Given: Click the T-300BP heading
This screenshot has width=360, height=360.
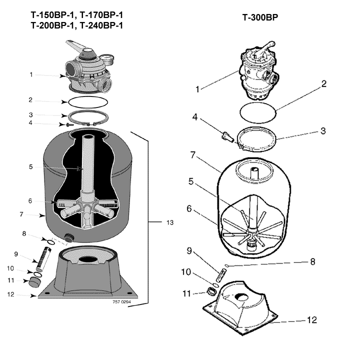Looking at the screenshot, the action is click(260, 17).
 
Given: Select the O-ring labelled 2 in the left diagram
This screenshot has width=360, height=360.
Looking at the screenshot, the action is click(88, 102).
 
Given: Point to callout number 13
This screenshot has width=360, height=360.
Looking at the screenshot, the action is click(170, 222).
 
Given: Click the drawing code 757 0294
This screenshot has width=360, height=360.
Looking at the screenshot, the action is click(121, 301).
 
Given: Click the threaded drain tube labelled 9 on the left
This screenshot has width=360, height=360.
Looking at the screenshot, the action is click(43, 259).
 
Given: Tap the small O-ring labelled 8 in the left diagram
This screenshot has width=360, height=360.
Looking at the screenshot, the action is click(51, 242).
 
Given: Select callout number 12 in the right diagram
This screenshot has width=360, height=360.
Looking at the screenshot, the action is click(312, 320).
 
